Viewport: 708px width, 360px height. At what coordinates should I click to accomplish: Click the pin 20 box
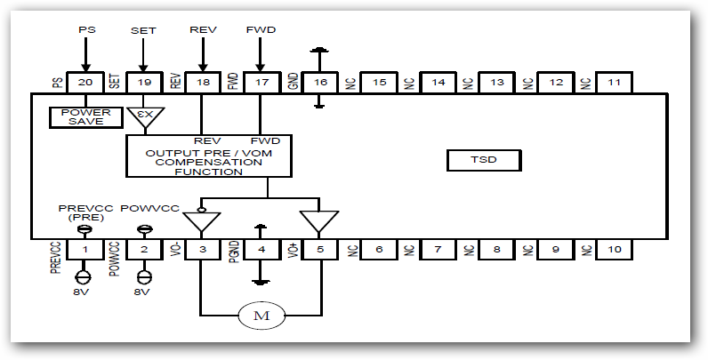pos(85,82)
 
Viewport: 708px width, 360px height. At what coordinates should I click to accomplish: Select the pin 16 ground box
pos(319,82)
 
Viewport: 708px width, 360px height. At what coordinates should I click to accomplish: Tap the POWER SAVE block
pos(85,117)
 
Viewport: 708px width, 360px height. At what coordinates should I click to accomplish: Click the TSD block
pos(483,161)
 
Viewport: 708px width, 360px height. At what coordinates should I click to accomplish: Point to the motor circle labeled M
pos(260,315)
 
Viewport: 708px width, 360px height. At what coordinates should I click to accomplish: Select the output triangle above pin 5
pos(318,220)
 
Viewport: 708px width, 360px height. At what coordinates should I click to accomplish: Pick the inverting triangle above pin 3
pos(202,221)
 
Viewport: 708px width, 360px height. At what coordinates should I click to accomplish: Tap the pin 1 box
pos(85,250)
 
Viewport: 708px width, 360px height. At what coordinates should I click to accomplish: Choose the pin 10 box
pos(615,250)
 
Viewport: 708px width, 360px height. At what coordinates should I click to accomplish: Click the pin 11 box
pos(615,82)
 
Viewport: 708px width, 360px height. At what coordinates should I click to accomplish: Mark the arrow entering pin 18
pos(202,58)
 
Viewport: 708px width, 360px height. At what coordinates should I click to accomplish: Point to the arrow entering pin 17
pos(260,58)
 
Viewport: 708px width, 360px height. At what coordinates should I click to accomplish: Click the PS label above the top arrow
pos(85,29)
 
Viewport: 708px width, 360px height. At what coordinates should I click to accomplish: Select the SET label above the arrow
pos(143,29)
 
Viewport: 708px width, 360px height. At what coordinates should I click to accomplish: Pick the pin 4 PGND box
pos(260,250)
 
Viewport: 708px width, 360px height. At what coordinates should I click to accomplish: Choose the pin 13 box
pos(497,82)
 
